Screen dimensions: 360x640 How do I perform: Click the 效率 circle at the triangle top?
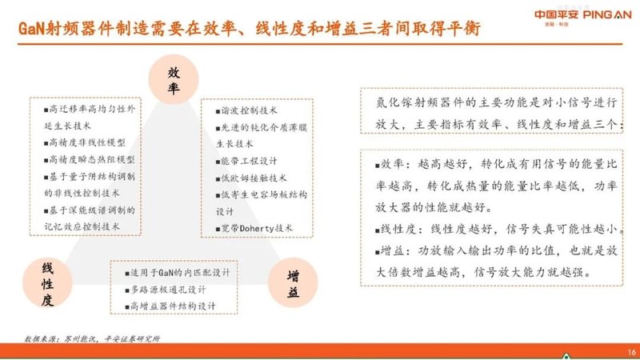click(x=174, y=79)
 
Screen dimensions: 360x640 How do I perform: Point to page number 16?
click(x=630, y=351)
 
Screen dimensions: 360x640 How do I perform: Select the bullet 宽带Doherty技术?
click(x=254, y=229)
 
